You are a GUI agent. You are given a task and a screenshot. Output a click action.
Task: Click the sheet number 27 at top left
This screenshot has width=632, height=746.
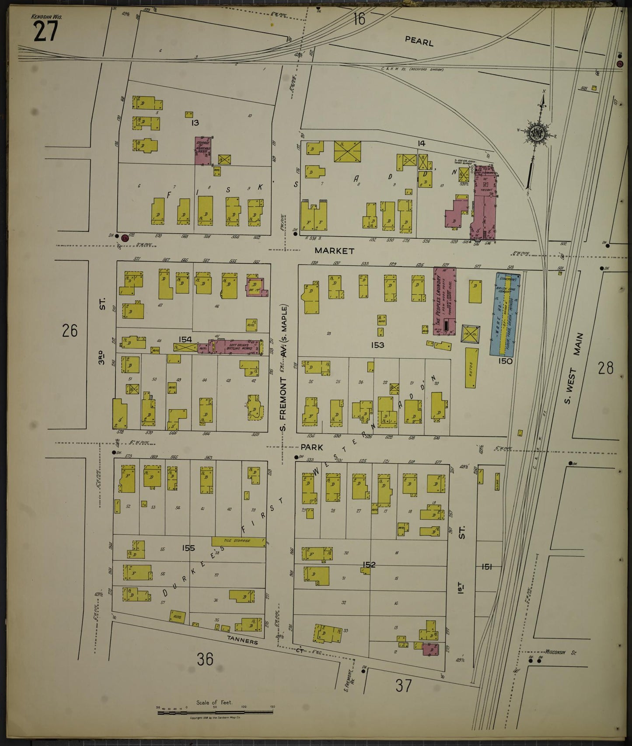pos(45,32)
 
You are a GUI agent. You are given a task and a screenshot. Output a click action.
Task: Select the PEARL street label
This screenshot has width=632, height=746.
pos(419,42)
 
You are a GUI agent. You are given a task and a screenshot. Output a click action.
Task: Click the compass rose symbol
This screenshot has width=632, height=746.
pos(536,133)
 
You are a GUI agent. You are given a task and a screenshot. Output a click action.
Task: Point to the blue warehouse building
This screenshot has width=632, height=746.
pos(504,314)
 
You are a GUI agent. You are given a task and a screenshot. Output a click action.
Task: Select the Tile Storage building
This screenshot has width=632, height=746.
pos(238,541)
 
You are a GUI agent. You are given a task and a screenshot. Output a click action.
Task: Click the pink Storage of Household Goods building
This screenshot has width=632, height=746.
pos(204,150)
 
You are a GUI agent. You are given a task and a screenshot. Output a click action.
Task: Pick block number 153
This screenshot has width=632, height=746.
pos(377,345)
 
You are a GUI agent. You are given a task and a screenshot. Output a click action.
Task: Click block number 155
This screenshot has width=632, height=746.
pos(188,548)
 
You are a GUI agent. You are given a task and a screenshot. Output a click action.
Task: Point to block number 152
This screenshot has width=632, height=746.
pos(369,565)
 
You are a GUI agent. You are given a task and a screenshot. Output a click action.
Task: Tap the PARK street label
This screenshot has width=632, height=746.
pos(311,447)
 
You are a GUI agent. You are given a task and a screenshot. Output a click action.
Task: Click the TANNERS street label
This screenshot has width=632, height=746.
pos(242,641)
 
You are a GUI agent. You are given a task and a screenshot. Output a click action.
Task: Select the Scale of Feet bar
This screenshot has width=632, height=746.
pos(214,712)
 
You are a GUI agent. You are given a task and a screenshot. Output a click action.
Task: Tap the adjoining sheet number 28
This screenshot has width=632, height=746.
pos(606,368)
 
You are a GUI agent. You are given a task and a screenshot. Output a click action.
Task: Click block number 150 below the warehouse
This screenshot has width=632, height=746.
pos(505,361)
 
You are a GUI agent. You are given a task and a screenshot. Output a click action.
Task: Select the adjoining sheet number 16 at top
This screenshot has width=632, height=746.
pos(359,19)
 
